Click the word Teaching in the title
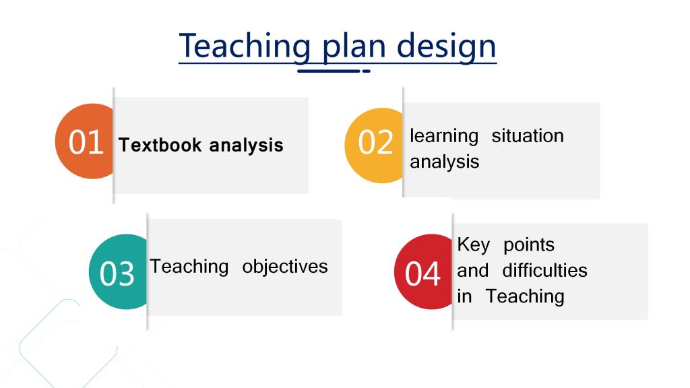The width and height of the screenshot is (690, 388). pos(245,46)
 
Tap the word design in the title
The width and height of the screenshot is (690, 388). pos(446,46)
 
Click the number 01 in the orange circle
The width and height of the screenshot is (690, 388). pos(86,143)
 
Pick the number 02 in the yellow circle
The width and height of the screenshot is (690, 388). pos(375,143)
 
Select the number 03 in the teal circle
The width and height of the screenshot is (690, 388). pos(117,274)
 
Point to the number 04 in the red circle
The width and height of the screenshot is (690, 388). pos(422,274)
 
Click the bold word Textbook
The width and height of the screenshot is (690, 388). pos(160,145)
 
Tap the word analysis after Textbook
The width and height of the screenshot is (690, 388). pos(246,146)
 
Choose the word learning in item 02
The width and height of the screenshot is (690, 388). pos(444,136)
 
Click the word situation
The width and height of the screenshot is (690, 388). pos(528,135)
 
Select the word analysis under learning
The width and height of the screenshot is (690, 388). pos(445,162)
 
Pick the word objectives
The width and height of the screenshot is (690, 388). pos(285,267)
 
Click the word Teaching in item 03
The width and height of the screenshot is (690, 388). pos(189,267)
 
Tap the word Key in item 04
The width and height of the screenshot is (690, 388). pos(473,245)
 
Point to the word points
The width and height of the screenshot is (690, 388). pos(529,245)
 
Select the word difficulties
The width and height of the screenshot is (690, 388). pos(544,270)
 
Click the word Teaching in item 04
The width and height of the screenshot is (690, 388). pos(525,297)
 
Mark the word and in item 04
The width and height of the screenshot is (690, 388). pos(472,271)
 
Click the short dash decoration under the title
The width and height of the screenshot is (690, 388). pos(366,71)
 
